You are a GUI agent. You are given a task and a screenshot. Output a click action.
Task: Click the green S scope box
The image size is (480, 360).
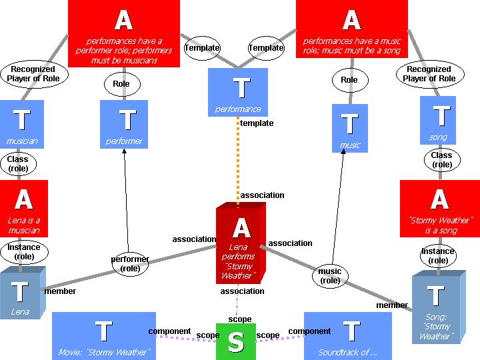point(235,341)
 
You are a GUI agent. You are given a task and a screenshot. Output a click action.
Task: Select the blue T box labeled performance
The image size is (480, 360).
point(238,92)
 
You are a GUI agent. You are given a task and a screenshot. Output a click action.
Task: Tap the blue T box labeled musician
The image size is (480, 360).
point(22,124)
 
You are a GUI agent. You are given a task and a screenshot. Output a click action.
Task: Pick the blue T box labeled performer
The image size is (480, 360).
point(124,124)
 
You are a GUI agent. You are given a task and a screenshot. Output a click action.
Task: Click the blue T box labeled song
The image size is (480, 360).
point(438,120)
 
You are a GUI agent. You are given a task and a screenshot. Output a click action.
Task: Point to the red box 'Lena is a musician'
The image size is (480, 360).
point(24,208)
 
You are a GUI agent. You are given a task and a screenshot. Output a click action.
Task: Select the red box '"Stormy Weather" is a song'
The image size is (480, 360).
point(439,208)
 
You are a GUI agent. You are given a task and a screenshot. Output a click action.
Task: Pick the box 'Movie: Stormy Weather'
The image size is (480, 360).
point(103,336)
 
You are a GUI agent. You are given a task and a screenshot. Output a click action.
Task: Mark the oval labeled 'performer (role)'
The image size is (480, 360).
point(130,263)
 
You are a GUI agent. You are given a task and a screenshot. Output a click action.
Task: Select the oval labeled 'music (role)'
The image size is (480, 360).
point(330,275)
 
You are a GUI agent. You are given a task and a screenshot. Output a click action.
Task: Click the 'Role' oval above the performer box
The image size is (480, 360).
point(121,84)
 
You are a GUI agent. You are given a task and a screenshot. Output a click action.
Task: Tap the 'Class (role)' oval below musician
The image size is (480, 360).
point(18,163)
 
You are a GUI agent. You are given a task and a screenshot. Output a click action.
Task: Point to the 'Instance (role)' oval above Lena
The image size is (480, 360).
point(24,251)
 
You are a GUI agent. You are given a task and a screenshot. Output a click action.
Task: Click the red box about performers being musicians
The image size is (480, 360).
point(123,33)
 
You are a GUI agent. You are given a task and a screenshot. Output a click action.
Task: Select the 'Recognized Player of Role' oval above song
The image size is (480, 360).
point(429,73)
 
